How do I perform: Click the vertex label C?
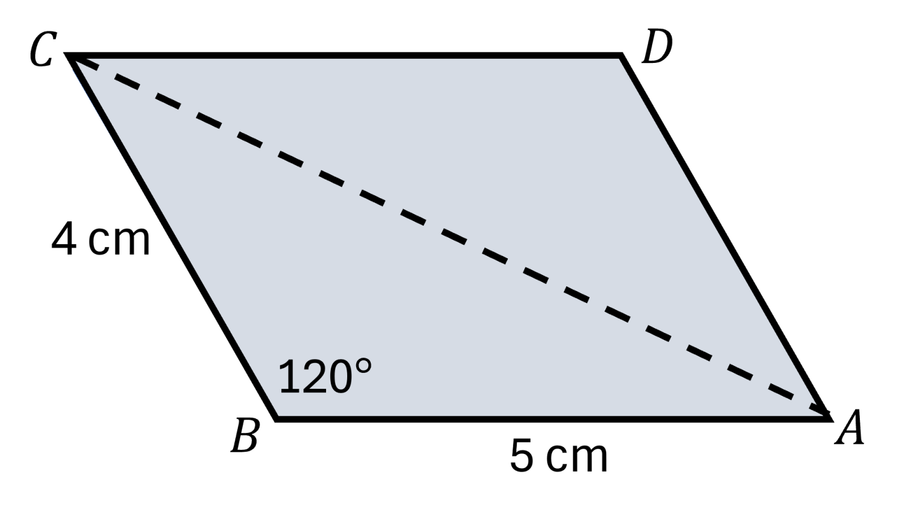pos(42,49)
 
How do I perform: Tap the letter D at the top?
pos(657,48)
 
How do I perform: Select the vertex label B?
pos(245,436)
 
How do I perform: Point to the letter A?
pos(850,428)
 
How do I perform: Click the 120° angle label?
pos(325,376)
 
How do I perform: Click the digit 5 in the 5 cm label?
pos(522,456)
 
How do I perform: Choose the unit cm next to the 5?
pos(577,459)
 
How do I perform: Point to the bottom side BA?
pos(553,419)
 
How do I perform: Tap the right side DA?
pos(726,237)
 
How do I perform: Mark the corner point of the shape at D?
pos(622,55)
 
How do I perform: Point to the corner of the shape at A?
pos(830,419)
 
